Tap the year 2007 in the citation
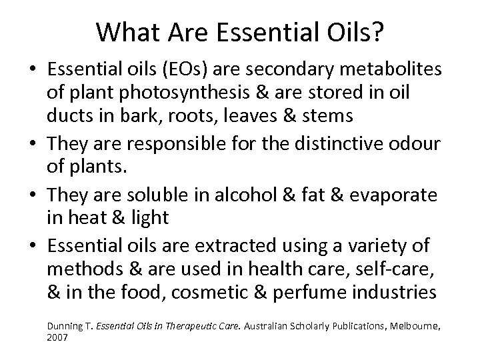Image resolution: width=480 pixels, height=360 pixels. pos(57,338)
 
